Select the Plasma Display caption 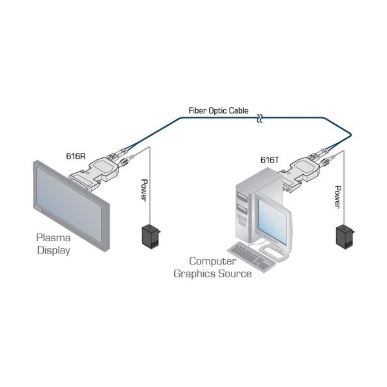[x=54, y=244]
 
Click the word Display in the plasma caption [x=54, y=250]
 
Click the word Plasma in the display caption [x=54, y=239]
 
